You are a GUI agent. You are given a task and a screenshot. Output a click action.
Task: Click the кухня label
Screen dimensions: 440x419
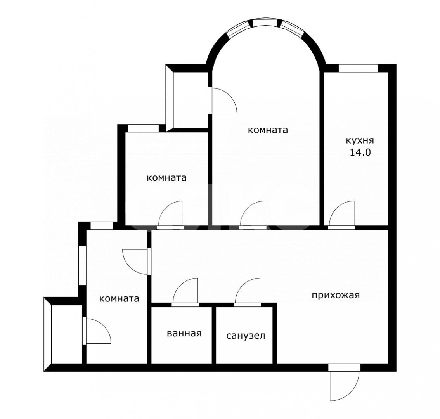point(360,140)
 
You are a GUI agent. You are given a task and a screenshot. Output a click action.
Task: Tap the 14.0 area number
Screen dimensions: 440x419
point(360,152)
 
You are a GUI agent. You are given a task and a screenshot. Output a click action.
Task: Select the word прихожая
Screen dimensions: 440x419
point(336,296)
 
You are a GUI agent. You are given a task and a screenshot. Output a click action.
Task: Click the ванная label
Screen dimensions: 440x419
point(184,333)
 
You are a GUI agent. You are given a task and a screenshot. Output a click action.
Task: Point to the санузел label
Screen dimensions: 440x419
point(246,336)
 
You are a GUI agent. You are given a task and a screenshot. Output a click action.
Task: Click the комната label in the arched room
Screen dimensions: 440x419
point(268,130)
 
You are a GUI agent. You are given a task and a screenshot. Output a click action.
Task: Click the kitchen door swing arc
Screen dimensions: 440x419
point(342,213)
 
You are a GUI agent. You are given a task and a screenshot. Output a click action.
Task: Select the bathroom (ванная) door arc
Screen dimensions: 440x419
point(185,291)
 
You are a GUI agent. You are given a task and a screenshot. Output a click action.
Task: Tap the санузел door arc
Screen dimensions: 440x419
point(248,291)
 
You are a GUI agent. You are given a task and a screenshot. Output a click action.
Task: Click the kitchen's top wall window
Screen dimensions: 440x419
point(359,68)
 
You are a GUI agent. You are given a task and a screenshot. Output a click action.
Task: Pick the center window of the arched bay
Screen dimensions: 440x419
point(265,23)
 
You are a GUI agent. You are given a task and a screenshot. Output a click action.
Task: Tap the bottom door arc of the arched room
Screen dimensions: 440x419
point(253,213)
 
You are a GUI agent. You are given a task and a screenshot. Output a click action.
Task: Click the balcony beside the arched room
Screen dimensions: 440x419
point(187,98)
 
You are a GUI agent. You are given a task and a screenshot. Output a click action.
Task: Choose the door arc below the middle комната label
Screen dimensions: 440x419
point(171,213)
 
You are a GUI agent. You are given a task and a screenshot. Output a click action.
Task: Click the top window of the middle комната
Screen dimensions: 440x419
point(144,128)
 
